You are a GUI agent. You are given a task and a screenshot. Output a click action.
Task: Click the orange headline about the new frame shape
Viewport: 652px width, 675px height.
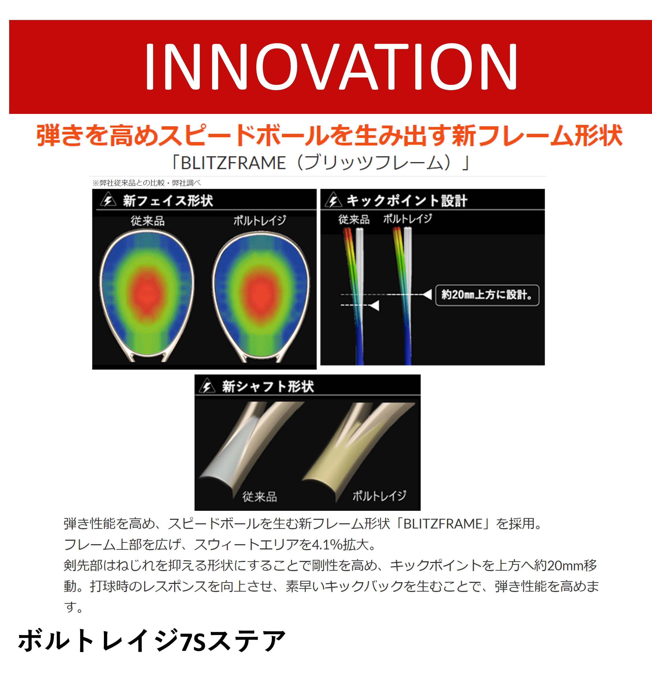click(330, 135)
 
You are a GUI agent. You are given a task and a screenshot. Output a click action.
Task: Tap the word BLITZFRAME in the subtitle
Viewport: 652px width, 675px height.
click(233, 163)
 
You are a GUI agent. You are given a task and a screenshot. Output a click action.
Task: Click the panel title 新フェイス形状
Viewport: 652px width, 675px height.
click(168, 200)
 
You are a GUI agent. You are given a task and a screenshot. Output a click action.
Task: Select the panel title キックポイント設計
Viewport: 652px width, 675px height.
click(407, 200)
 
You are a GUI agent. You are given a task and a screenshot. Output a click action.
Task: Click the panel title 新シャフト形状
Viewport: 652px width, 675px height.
click(268, 386)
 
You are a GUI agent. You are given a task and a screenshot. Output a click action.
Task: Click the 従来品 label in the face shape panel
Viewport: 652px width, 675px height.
click(148, 221)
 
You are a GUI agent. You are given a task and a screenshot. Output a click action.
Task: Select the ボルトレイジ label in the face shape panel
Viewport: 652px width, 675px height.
click(260, 220)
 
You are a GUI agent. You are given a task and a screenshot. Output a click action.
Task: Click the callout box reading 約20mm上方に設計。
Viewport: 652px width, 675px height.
click(487, 295)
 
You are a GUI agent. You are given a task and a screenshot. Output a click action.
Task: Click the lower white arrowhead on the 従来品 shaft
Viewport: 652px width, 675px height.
click(374, 305)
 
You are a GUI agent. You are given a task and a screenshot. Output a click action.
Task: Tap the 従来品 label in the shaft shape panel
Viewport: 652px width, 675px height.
click(260, 497)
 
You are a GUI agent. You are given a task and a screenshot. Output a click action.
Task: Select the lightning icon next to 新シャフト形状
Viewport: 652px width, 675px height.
click(207, 386)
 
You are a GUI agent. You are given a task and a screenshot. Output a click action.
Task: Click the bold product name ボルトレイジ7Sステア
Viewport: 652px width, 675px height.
click(152, 640)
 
